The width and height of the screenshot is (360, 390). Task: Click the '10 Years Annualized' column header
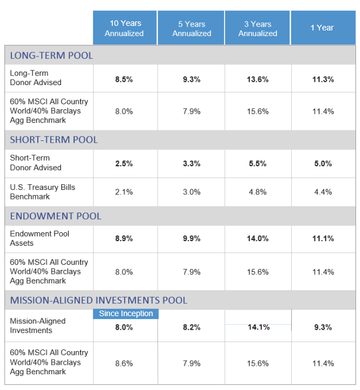click(124, 28)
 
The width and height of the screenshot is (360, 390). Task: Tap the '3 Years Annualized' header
click(257, 28)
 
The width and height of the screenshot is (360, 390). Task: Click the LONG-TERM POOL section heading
click(51, 55)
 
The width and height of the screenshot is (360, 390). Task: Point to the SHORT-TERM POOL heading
click(54, 140)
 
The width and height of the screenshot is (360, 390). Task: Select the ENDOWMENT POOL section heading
click(55, 216)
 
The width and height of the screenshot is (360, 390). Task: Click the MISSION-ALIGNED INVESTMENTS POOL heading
click(98, 300)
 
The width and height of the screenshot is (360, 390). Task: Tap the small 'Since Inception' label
click(125, 314)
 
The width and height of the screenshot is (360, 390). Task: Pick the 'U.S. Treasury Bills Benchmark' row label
click(42, 192)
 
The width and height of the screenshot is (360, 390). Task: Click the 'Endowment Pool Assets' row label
click(39, 238)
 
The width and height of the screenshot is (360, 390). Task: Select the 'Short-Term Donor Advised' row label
click(36, 163)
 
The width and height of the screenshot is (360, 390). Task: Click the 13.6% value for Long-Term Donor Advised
click(257, 79)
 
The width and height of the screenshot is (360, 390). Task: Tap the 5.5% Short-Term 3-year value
click(257, 163)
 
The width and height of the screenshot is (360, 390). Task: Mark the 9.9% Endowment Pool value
click(191, 238)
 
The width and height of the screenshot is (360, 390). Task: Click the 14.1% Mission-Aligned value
click(258, 327)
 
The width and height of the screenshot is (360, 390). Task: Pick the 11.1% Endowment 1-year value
click(323, 238)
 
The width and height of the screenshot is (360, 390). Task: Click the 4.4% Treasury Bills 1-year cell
click(323, 192)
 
